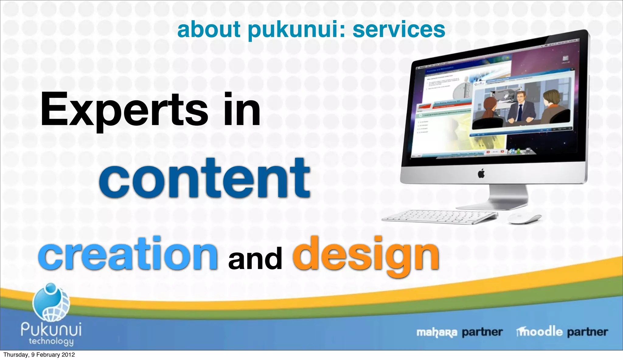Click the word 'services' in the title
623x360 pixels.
399,30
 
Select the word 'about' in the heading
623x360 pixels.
209,29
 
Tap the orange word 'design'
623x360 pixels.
366,255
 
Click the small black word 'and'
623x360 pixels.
255,258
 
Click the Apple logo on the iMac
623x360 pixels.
481,174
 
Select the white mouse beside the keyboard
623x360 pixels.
524,218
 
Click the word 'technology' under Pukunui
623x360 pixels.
51,341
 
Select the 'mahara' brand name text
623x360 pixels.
437,332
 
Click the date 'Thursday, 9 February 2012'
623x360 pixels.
39,355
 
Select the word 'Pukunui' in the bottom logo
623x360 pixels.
51,329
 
